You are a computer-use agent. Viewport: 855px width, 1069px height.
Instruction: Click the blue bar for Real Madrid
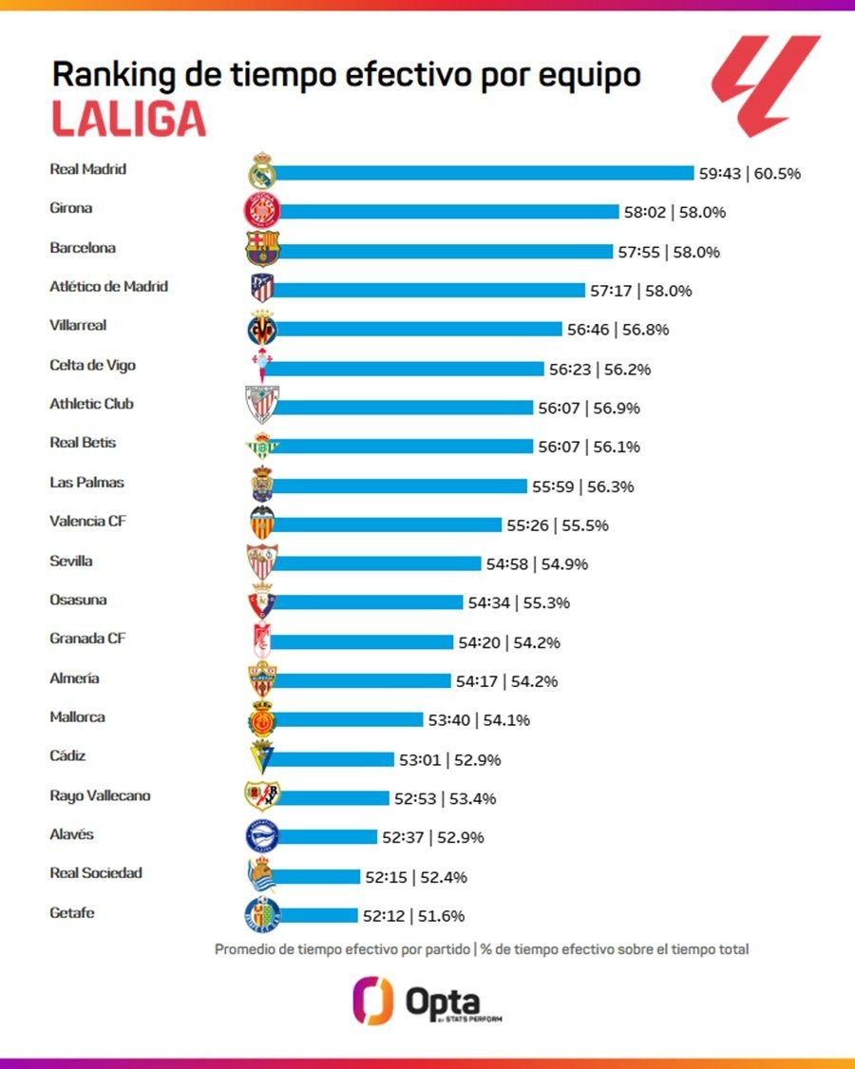(x=484, y=173)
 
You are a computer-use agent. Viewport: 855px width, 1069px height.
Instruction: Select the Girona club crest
(x=260, y=211)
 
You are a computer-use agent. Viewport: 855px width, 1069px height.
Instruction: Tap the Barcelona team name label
(x=83, y=248)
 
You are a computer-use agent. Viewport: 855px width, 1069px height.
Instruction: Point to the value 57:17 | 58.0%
(x=642, y=291)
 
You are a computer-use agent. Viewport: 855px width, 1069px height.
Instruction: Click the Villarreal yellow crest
(x=261, y=329)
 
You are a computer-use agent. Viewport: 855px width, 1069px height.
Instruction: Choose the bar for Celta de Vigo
(x=408, y=369)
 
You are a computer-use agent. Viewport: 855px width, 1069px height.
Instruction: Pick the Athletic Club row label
(x=91, y=404)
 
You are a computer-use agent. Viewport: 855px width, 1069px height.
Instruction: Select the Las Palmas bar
(x=399, y=486)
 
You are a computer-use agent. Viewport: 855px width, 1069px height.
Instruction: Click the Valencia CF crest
(x=260, y=525)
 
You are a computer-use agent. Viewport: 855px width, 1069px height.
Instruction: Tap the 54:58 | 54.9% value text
(x=537, y=564)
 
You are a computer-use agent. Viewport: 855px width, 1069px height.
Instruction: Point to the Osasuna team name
(x=78, y=601)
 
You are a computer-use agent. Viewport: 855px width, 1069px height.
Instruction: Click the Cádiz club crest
(x=261, y=758)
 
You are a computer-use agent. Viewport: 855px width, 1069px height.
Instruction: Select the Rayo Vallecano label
(x=100, y=796)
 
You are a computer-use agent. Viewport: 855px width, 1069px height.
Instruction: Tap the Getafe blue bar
(x=317, y=916)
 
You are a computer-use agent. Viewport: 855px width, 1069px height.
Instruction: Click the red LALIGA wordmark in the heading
(x=127, y=119)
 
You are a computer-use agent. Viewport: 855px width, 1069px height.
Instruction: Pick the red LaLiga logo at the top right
(x=766, y=86)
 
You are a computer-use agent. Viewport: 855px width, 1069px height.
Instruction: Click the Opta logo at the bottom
(x=427, y=1002)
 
